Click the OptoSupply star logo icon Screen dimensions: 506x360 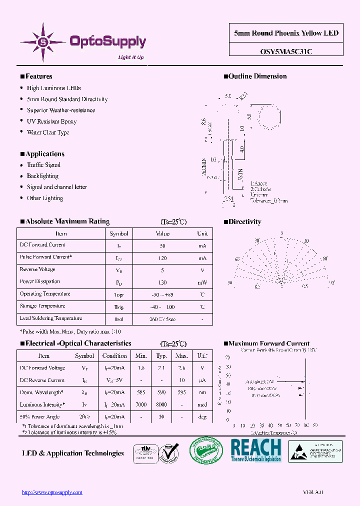tap(42, 42)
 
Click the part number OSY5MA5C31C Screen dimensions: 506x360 tap(286, 50)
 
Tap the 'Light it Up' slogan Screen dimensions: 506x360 tap(130, 57)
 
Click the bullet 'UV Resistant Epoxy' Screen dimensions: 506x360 tap(51, 121)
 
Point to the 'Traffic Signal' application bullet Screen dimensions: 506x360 tap(43, 165)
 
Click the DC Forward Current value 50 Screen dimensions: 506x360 tap(162, 246)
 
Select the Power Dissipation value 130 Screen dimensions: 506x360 tap(162, 282)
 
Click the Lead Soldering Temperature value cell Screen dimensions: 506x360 tap(162, 319)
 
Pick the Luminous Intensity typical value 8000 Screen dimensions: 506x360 tap(161, 405)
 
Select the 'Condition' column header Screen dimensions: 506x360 tap(114, 356)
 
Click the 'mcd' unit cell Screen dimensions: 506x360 tap(202, 405)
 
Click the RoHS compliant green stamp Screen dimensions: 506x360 tap(205, 450)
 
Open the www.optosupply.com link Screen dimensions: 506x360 tap(52, 492)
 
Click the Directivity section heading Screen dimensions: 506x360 tap(244, 221)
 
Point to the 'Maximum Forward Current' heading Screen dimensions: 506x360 tap(269, 343)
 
